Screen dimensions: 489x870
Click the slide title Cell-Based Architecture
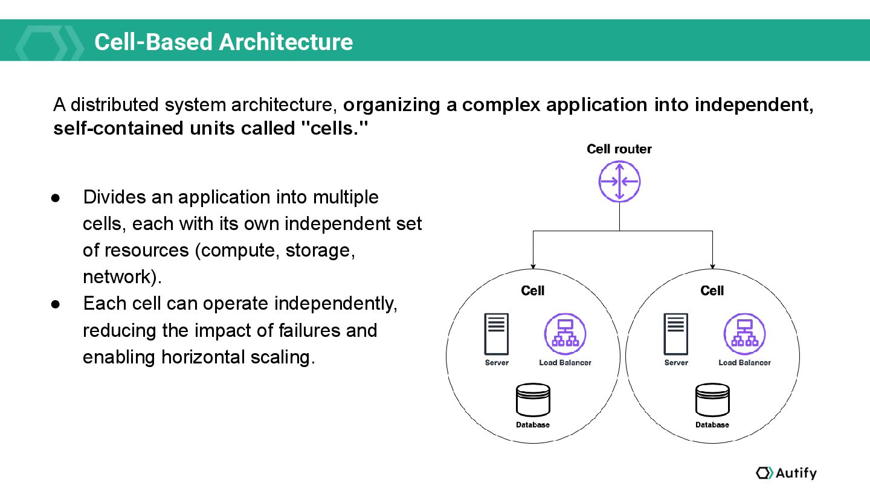pos(224,42)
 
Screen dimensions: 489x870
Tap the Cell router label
pos(619,149)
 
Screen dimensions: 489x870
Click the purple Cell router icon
pos(619,181)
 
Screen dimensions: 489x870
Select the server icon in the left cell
pos(497,334)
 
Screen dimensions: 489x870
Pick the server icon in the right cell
pos(676,334)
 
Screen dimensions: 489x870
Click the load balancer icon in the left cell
pos(565,334)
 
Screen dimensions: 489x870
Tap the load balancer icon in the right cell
pos(744,334)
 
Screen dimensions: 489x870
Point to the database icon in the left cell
pos(533,400)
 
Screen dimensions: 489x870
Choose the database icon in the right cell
pos(712,400)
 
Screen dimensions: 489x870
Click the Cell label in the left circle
pos(533,291)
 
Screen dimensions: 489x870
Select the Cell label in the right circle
pos(712,291)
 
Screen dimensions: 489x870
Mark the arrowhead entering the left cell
pos(533,266)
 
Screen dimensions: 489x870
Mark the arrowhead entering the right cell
pos(713,266)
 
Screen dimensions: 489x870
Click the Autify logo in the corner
pos(786,473)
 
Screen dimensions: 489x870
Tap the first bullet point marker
pos(56,198)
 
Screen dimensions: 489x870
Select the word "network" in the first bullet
pos(120,277)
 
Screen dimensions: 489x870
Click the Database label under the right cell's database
pos(712,425)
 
